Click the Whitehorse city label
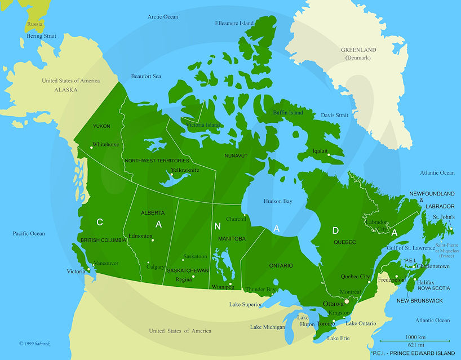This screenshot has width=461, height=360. click(105, 144)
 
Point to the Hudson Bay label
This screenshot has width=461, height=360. click(278, 201)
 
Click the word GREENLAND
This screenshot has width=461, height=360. click(358, 50)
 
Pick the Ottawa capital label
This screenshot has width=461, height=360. click(333, 304)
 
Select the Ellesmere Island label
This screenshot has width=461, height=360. click(234, 23)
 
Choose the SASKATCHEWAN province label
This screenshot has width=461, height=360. click(188, 270)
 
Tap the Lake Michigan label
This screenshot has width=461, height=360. click(268, 327)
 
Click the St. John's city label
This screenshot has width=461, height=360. click(444, 216)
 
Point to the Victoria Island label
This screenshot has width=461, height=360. click(203, 125)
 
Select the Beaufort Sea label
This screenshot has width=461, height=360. click(146, 76)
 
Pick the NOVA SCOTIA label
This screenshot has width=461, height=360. click(433, 288)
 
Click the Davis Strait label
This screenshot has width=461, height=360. click(335, 115)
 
